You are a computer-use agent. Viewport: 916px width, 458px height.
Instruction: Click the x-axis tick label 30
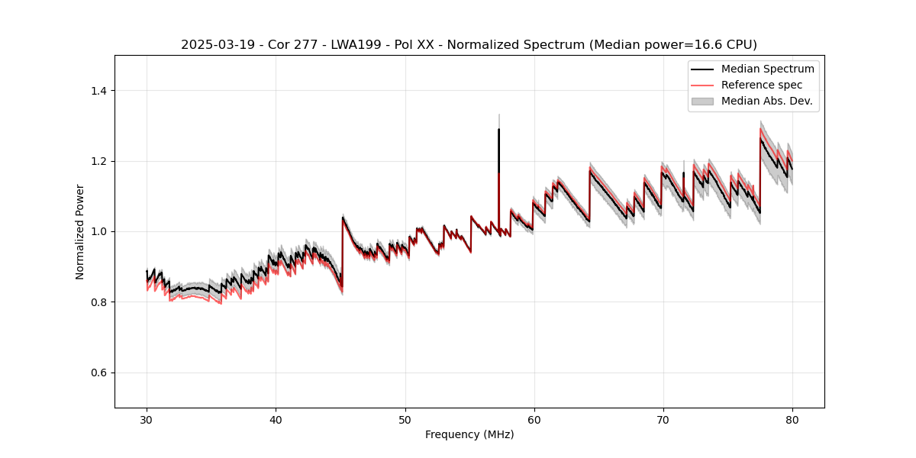click(147, 420)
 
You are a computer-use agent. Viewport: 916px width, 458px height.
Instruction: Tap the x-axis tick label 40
click(276, 420)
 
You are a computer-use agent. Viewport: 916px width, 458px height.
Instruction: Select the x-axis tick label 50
click(405, 420)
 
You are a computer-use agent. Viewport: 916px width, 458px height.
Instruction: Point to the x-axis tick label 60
click(534, 420)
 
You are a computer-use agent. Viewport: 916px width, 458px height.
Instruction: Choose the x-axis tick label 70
click(663, 420)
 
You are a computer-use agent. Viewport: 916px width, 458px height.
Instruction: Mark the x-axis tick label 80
click(792, 420)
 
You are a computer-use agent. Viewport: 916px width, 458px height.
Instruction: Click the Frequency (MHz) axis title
click(469, 434)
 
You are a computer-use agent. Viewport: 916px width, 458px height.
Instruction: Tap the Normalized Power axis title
click(80, 231)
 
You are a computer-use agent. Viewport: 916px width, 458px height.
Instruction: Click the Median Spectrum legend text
click(767, 69)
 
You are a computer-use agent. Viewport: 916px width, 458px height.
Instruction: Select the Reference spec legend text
click(762, 85)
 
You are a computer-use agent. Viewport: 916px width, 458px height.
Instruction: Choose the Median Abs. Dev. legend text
click(766, 101)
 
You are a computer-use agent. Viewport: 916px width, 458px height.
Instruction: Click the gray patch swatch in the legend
click(702, 101)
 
